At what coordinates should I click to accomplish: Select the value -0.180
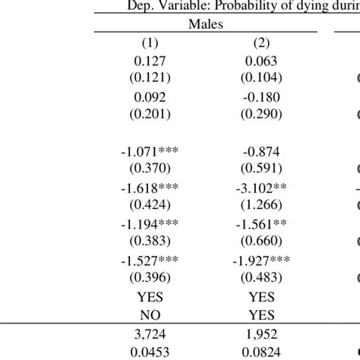261,97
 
